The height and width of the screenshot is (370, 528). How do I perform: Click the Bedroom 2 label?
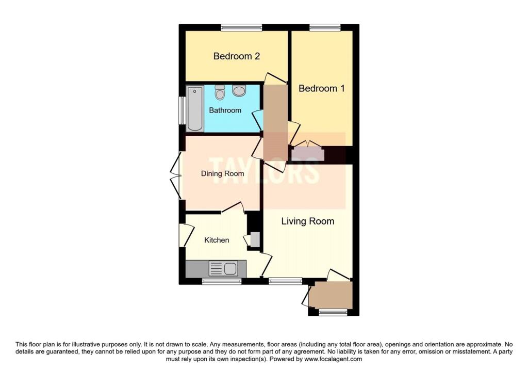click(236, 56)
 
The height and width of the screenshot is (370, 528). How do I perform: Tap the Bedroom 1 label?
click(322, 88)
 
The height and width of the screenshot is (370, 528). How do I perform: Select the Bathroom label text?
click(225, 110)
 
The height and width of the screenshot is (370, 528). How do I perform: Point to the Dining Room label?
click(222, 173)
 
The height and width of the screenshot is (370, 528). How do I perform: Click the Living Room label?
click(308, 221)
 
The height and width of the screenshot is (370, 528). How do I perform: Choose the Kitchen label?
click(217, 240)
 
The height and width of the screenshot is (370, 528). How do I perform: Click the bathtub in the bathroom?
click(195, 108)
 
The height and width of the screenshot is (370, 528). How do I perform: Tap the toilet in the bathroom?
click(220, 92)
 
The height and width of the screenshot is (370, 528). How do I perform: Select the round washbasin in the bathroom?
click(239, 90)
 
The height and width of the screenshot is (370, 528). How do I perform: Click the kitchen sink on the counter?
click(223, 268)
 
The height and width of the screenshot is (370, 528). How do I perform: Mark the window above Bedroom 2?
click(241, 28)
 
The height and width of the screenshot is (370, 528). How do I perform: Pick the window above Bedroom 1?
click(325, 28)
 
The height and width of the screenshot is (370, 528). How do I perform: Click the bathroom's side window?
click(182, 110)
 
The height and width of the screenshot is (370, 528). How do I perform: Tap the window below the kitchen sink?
click(222, 281)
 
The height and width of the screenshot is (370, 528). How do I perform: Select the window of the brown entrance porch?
click(333, 312)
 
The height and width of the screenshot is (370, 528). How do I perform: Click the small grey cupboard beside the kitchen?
click(255, 239)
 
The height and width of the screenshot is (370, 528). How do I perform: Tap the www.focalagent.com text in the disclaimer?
click(333, 359)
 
